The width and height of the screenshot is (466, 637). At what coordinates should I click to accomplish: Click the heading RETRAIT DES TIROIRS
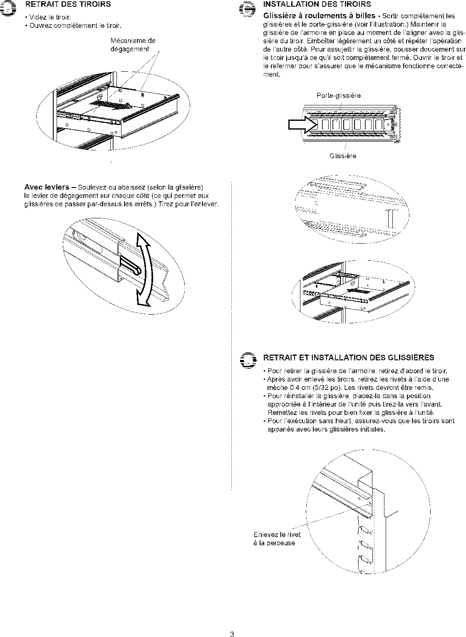68,5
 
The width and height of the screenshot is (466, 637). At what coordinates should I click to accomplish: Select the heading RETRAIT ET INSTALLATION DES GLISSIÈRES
349,357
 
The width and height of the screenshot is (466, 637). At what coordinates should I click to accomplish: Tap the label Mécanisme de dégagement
133,45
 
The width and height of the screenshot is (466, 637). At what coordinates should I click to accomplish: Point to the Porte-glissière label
339,96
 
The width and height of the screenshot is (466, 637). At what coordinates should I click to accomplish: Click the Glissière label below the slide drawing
343,156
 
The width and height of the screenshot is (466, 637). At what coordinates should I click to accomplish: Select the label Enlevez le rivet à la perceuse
277,539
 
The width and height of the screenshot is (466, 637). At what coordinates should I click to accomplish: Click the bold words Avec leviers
47,187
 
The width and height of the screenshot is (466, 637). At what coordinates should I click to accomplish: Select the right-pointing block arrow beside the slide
300,124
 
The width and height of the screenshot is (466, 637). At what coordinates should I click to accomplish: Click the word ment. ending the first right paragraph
272,75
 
